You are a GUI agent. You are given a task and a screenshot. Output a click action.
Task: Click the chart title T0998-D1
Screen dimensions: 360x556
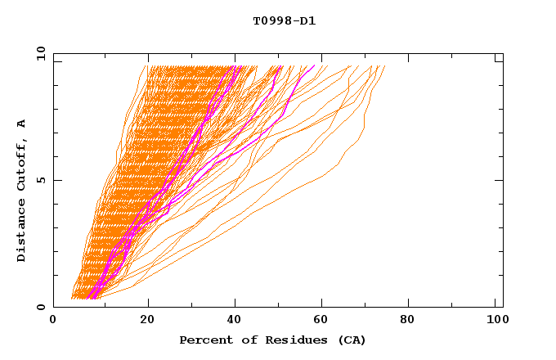284,21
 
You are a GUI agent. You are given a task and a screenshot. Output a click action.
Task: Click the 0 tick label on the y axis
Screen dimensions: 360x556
39,307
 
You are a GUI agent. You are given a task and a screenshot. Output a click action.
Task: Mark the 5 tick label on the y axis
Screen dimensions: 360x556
39,180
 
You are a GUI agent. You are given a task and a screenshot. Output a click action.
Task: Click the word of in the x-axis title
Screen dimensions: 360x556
240,340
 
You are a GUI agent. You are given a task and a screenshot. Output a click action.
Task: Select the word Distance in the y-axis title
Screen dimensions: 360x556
22,232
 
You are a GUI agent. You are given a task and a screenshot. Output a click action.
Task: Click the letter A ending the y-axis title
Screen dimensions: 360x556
22,123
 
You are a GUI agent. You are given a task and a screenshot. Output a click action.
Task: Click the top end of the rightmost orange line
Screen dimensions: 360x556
384,66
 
